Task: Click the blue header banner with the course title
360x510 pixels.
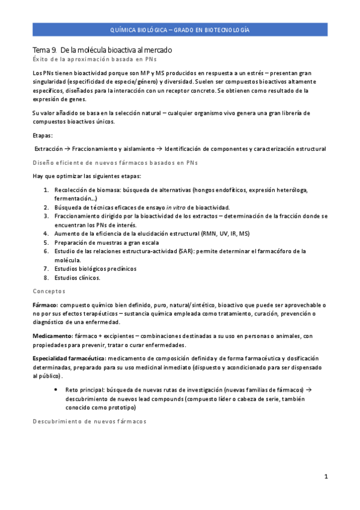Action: coord(180,29)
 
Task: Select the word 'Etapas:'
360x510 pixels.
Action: coord(43,135)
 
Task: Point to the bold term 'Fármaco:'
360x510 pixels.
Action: coord(45,305)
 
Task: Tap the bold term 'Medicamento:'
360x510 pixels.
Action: coord(52,336)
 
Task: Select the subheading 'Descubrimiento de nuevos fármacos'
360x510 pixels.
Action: coord(89,421)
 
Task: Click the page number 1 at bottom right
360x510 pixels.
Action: coord(326,477)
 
